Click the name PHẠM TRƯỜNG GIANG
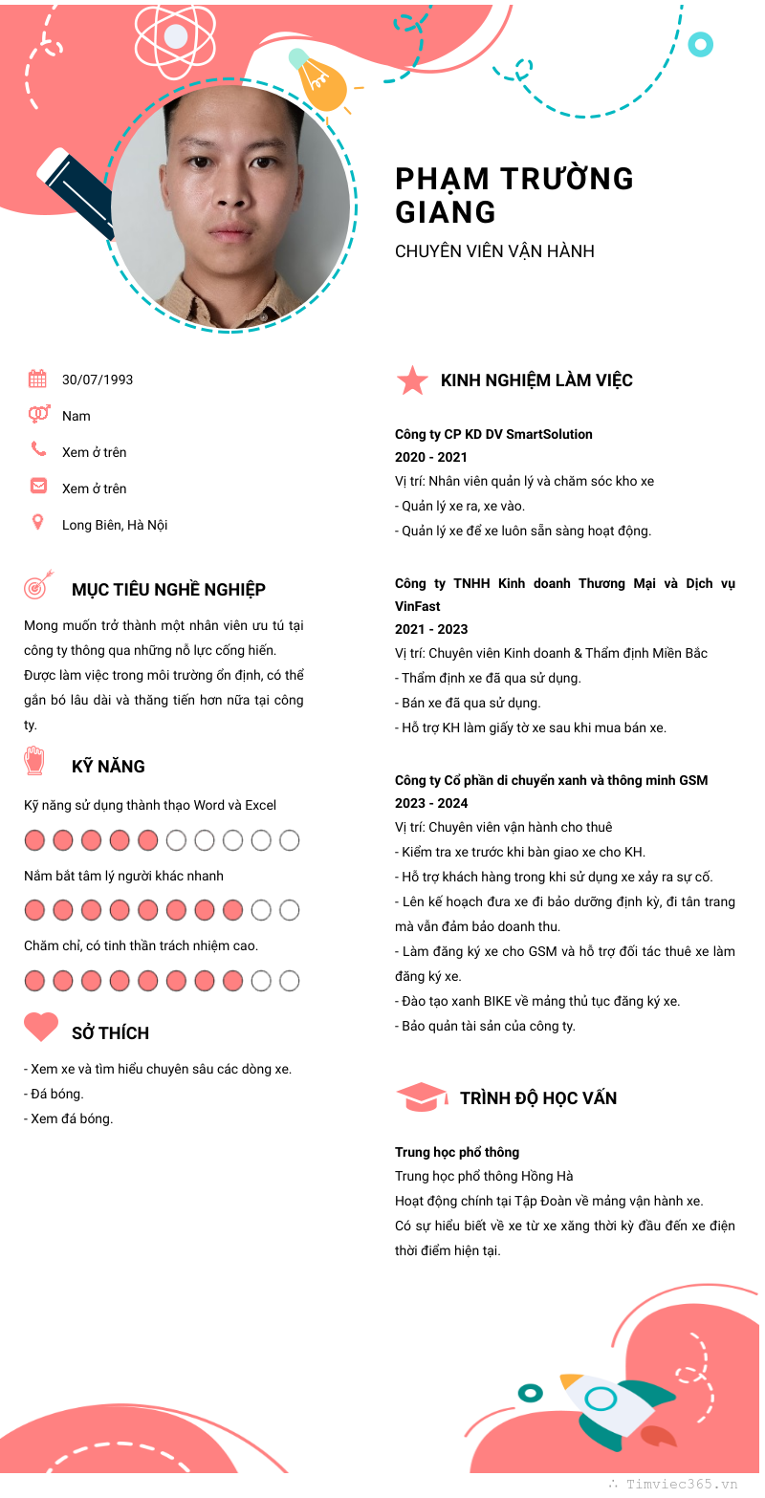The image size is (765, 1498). pyautogui.click(x=514, y=194)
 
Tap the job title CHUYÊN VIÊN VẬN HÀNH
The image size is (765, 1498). pyautogui.click(x=494, y=251)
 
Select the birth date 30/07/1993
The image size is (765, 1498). pyautogui.click(x=98, y=380)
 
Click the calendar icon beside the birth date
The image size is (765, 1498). pyautogui.click(x=37, y=379)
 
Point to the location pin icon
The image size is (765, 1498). pyautogui.click(x=38, y=522)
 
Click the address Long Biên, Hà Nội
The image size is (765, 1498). pyautogui.click(x=115, y=525)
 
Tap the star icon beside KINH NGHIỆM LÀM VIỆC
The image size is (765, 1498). pyautogui.click(x=412, y=380)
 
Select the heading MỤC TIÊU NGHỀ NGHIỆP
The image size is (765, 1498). pyautogui.click(x=168, y=590)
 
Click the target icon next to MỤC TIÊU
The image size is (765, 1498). pyautogui.click(x=37, y=585)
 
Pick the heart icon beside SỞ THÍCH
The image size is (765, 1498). pyautogui.click(x=41, y=1027)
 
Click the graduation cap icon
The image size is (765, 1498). pyautogui.click(x=421, y=1096)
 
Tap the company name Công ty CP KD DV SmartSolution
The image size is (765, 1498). pyautogui.click(x=493, y=434)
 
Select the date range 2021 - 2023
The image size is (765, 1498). pyautogui.click(x=431, y=629)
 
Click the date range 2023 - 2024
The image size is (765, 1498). pyautogui.click(x=431, y=803)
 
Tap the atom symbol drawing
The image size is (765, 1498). pyautogui.click(x=175, y=37)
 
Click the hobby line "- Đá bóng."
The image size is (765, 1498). pyautogui.click(x=54, y=1094)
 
